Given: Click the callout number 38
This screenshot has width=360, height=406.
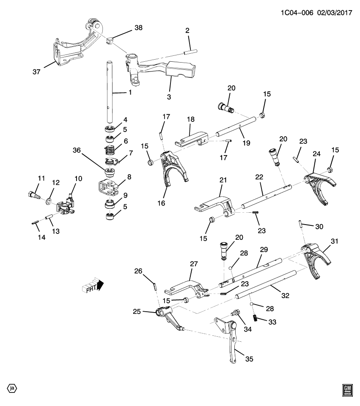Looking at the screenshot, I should pyautogui.click(x=138, y=28).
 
